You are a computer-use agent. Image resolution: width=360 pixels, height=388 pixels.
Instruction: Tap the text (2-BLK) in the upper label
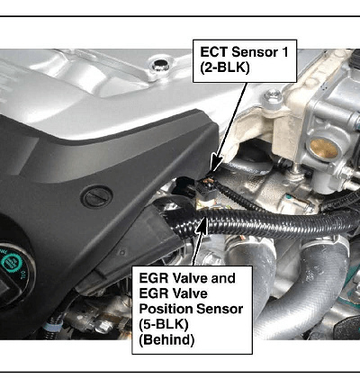tap(225, 68)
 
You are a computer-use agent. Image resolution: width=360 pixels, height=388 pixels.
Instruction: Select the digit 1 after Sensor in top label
tap(284, 52)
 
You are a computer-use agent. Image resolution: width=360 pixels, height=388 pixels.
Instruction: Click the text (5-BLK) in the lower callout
tap(164, 324)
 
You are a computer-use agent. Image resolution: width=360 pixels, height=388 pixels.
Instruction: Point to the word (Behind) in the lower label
tap(166, 339)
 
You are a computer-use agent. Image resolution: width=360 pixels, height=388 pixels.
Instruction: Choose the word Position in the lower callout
tap(165, 309)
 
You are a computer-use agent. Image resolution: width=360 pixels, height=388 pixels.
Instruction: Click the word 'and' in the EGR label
tap(223, 278)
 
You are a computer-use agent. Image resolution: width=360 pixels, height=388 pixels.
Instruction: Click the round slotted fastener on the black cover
tap(98, 197)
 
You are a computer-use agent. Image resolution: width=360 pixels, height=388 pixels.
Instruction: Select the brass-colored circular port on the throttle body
tap(323, 149)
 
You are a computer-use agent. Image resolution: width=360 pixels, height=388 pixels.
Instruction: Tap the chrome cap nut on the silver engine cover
tap(160, 65)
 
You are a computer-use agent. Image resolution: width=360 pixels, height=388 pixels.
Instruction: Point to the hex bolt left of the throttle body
tap(273, 96)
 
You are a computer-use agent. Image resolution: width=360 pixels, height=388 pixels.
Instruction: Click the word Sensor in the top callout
tap(255, 52)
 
